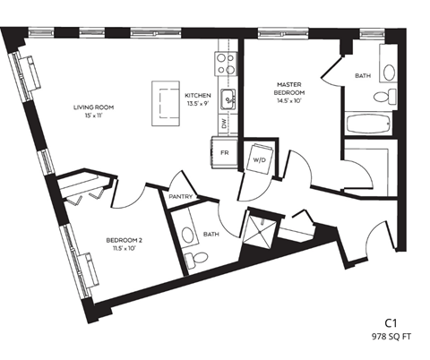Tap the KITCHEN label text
(197, 95)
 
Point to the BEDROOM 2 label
(125, 240)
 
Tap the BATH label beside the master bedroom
(362, 76)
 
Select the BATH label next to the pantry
(211, 234)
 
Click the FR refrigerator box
(225, 153)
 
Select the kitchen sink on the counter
(228, 99)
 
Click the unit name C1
(391, 321)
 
